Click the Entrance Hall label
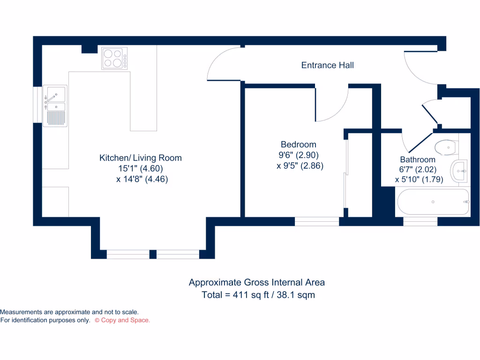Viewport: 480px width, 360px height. pyautogui.click(x=327, y=65)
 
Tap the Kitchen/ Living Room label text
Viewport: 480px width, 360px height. pyautogui.click(x=140, y=158)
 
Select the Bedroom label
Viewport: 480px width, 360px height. pyautogui.click(x=298, y=144)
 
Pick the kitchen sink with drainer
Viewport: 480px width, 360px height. pyautogui.click(x=55, y=105)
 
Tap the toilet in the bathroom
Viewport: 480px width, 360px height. pyautogui.click(x=445, y=147)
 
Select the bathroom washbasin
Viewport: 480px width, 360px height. pyautogui.click(x=458, y=171)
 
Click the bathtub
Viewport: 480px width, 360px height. pyautogui.click(x=433, y=202)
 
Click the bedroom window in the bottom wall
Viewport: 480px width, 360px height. pyautogui.click(x=317, y=221)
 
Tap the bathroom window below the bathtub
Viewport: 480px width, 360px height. pyautogui.click(x=420, y=221)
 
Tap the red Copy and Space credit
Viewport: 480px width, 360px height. pyautogui.click(x=122, y=320)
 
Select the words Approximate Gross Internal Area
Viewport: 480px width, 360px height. pyautogui.click(x=256, y=282)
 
